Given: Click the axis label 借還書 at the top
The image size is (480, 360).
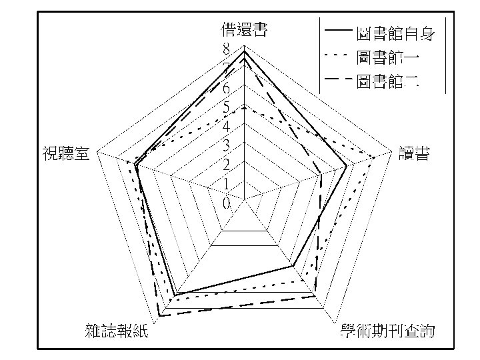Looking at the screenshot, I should coord(245,29).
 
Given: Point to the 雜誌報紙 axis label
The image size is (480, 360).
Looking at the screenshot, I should coord(117,331).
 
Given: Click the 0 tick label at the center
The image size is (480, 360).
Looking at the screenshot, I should coord(227,203).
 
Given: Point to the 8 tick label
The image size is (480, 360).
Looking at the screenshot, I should coord(227,49).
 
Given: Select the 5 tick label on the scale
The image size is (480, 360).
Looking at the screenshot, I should coord(227,107).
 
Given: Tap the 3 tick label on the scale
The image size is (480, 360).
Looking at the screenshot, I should coord(227,145).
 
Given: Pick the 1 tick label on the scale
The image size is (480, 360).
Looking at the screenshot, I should coord(227,184).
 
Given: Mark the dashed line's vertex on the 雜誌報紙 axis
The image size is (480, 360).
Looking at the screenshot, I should coord(158,315).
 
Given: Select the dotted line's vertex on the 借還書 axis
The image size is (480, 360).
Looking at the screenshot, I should coord(245,105).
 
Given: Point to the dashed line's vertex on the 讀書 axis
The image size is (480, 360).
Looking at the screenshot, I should coord(322,175).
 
